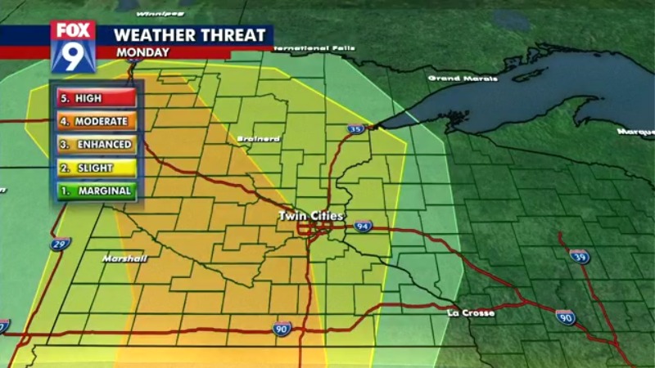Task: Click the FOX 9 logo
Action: pos(73,46)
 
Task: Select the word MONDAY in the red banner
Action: pos(142,52)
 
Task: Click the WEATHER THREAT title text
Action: pos(189,35)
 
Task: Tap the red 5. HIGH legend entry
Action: pos(94,98)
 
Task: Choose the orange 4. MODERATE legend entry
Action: pos(94,121)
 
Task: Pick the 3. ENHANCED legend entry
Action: pos(94,145)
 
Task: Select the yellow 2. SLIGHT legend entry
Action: pos(94,168)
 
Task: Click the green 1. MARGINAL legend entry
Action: pos(94,191)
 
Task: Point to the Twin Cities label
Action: pos(312,216)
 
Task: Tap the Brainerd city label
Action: pos(258,139)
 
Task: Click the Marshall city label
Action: pos(124,258)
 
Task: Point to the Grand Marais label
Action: pos(463,79)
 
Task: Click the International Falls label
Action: pos(314,48)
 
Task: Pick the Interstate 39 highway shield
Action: pos(580,256)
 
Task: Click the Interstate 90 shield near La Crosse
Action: pos(565,317)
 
